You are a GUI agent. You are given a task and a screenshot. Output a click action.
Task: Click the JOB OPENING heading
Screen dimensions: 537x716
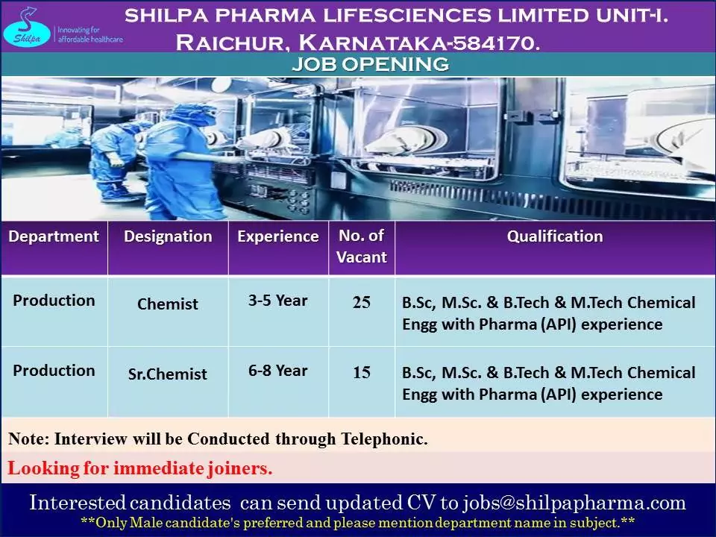(370, 65)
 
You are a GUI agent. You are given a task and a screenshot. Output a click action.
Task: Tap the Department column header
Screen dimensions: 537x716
(54, 237)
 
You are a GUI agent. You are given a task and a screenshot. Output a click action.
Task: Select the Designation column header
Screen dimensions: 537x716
(168, 237)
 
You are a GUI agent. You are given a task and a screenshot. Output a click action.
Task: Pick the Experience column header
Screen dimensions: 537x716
(277, 237)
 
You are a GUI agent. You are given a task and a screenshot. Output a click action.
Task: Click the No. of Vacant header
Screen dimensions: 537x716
(362, 247)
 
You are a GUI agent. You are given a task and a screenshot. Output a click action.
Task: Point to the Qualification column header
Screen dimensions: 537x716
(555, 237)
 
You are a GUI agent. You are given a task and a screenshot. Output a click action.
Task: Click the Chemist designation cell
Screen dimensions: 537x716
(168, 304)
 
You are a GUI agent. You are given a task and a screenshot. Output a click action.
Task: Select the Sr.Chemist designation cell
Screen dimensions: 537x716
(168, 374)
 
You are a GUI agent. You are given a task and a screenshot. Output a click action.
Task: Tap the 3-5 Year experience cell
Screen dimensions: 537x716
(277, 301)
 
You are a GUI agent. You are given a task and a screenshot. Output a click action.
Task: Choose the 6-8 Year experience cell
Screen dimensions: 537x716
(277, 371)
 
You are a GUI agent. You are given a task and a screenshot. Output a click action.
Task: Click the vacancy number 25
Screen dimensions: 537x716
(362, 303)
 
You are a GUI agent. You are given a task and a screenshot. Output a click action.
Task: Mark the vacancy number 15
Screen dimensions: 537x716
(362, 373)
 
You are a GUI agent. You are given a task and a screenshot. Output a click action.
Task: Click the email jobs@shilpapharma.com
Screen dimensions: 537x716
(574, 503)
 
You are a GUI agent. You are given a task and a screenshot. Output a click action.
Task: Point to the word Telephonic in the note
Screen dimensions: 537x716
(381, 439)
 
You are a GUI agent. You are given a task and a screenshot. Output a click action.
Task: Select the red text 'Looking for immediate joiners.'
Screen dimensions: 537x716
(140, 469)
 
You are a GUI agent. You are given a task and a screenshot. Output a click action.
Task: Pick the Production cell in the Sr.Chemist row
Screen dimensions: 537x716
(54, 371)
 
